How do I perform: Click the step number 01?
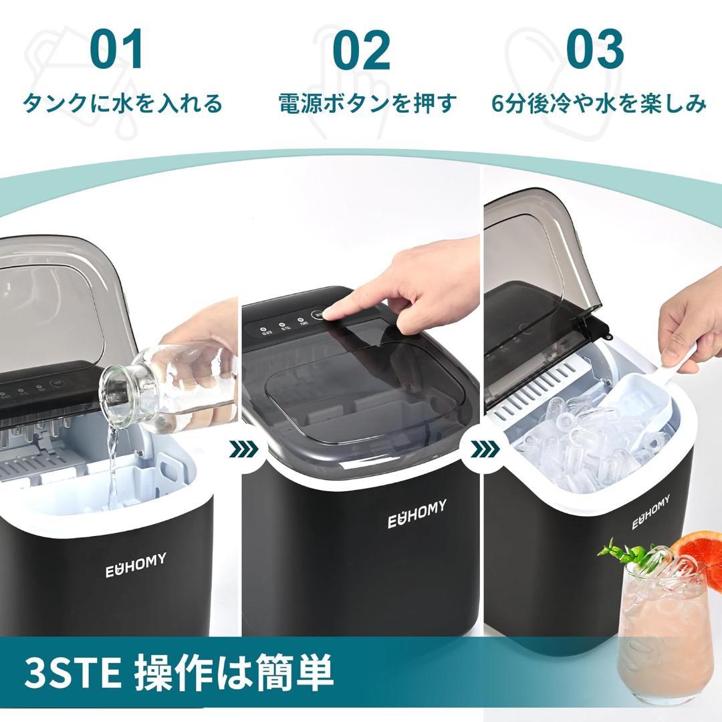pyautogui.click(x=118, y=50)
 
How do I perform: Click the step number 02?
pyautogui.click(x=361, y=50)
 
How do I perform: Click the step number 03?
pyautogui.click(x=594, y=50)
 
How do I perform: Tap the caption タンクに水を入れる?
pyautogui.click(x=122, y=104)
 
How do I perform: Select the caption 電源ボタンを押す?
pyautogui.click(x=368, y=104)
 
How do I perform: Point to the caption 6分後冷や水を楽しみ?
pyautogui.click(x=598, y=104)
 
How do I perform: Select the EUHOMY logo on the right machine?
pyautogui.click(x=651, y=511)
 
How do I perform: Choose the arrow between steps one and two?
pyautogui.click(x=243, y=449)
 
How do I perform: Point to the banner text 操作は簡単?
pyautogui.click(x=234, y=673)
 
